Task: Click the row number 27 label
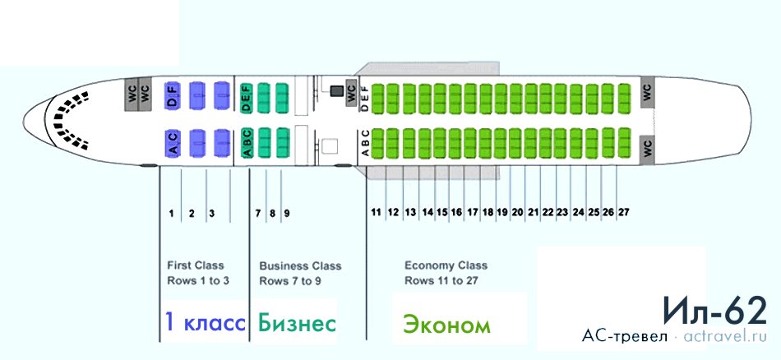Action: (624, 212)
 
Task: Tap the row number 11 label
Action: (376, 213)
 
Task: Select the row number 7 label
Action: (258, 214)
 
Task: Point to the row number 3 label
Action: (211, 214)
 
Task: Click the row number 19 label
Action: (502, 212)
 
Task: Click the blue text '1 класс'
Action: (205, 323)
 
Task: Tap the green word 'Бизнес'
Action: (296, 323)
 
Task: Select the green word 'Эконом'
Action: (446, 325)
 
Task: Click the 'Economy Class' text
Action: (446, 265)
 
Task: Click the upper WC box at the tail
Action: (646, 93)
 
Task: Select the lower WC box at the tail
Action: (646, 147)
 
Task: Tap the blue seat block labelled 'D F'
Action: (173, 96)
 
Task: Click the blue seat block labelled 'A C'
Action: (173, 143)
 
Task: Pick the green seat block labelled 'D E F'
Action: (246, 98)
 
